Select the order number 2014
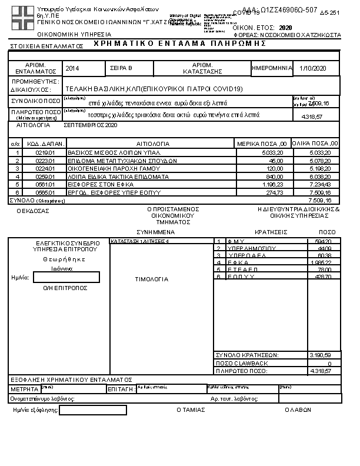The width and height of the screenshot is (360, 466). coord(73,69)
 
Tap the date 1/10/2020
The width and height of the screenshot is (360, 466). coord(312,69)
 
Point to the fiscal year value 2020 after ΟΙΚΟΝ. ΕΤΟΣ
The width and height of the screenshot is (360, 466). coord(286,28)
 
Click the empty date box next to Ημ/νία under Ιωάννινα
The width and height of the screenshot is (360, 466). coord(66,277)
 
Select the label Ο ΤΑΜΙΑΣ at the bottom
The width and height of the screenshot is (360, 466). coord(190,410)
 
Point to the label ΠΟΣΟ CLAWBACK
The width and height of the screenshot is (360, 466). coord(235,364)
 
